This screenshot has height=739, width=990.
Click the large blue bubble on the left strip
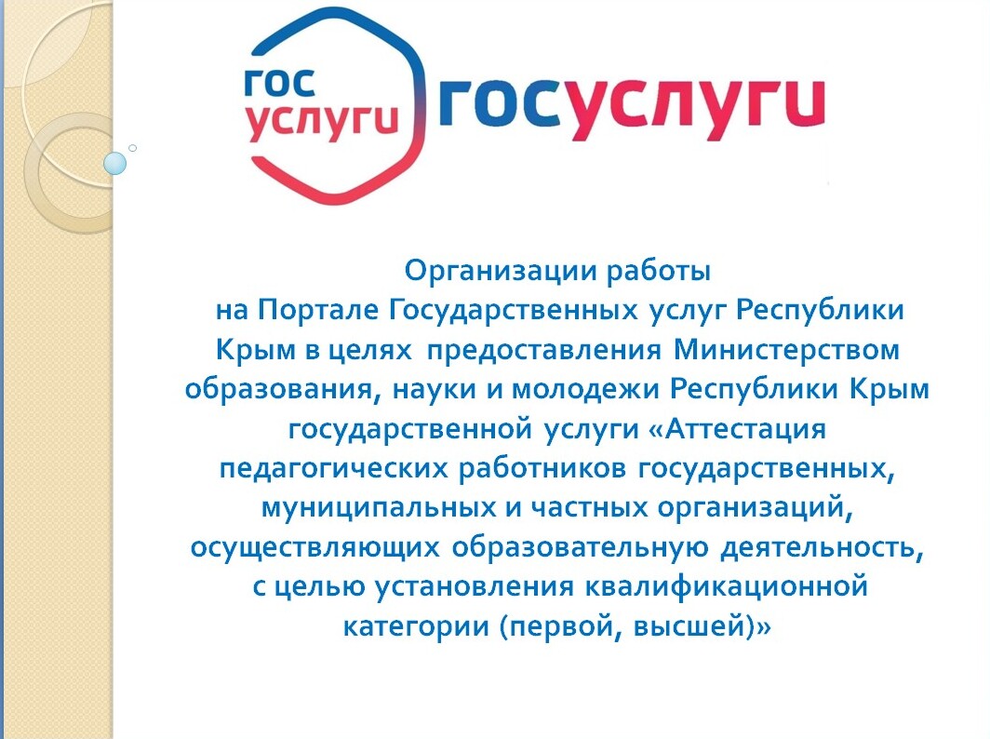(x=114, y=164)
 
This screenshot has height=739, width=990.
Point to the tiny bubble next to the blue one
(x=132, y=148)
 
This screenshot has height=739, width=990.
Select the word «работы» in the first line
(x=659, y=271)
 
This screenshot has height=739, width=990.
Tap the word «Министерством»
(x=787, y=349)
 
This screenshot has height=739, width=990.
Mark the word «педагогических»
(x=333, y=469)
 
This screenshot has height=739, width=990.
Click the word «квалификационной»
(x=726, y=586)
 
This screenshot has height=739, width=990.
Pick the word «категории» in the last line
(x=417, y=627)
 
